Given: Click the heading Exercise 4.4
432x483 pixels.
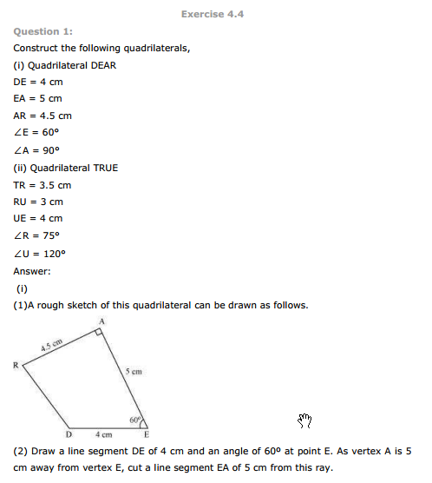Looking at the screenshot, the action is click(x=214, y=14).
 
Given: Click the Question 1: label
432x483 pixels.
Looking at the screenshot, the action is click(x=43, y=31).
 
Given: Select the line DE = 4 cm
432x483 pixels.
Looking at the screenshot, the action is click(x=38, y=81).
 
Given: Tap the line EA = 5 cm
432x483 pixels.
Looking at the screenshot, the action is click(x=38, y=98).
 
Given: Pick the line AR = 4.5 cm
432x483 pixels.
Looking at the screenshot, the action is click(x=43, y=116).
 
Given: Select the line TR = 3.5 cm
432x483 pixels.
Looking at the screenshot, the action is click(x=43, y=184).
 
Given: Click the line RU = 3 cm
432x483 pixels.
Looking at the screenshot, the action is click(x=38, y=202).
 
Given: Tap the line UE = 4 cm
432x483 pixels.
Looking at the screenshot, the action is click(x=38, y=219).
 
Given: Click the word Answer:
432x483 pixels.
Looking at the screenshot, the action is click(x=32, y=271).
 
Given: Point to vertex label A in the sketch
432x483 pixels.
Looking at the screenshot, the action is click(x=101, y=321).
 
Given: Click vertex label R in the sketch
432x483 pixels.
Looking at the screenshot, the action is click(x=16, y=365).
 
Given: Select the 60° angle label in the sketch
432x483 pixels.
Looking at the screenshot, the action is click(x=135, y=420).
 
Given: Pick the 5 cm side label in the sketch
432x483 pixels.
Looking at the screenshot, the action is click(x=133, y=371).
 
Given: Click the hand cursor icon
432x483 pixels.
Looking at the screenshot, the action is click(x=304, y=420).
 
